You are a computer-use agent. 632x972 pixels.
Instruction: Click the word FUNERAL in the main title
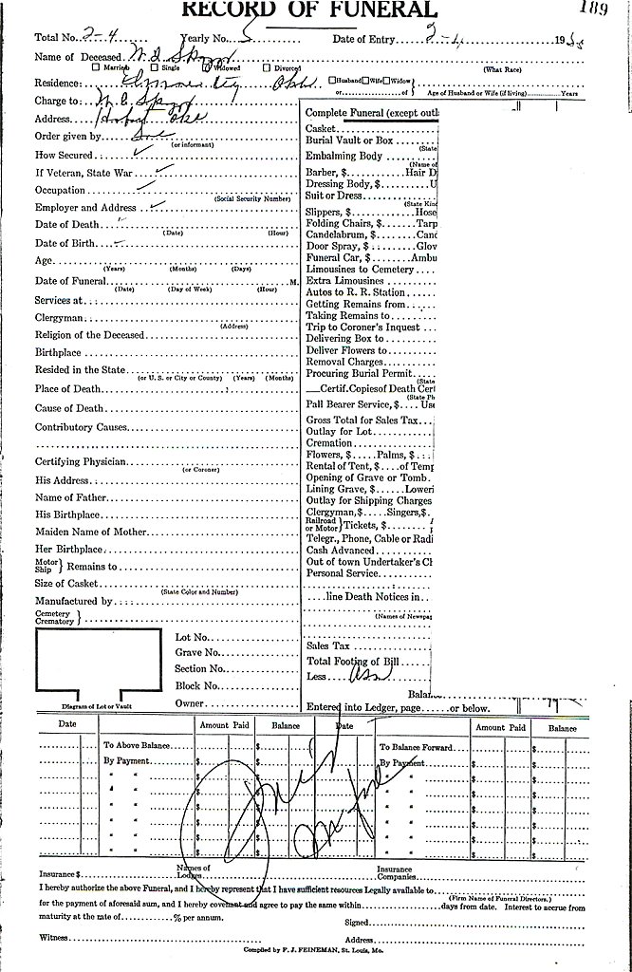tap(370, 9)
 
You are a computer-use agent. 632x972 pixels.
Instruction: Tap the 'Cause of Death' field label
tap(69, 408)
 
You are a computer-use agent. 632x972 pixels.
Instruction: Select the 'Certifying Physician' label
tap(84, 461)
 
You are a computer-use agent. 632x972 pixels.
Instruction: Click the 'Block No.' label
tap(198, 685)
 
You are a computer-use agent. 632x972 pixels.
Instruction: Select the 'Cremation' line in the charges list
tap(330, 442)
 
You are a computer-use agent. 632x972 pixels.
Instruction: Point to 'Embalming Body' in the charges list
tap(344, 156)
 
